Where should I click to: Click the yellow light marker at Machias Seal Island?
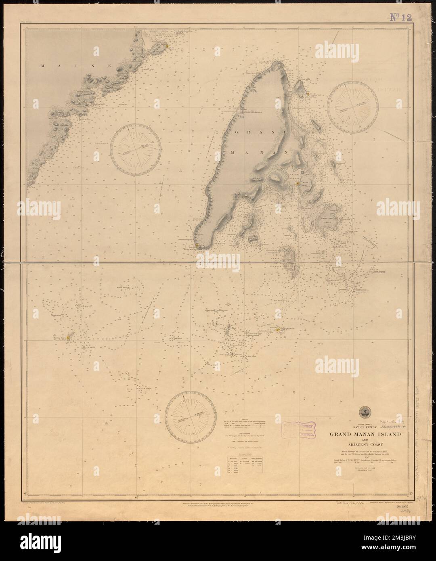(69, 338)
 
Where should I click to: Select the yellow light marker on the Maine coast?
(166, 47)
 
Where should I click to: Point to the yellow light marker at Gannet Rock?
(278, 330)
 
